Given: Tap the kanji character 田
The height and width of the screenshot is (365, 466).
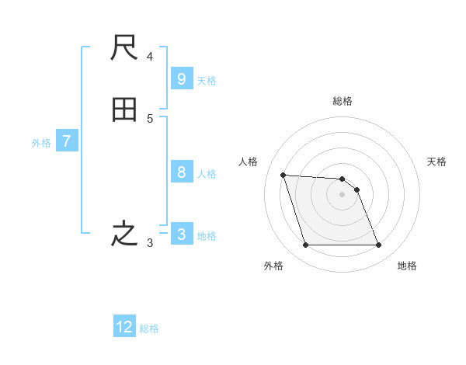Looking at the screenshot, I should click(x=124, y=110).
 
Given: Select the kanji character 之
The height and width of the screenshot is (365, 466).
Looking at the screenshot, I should click(x=124, y=234).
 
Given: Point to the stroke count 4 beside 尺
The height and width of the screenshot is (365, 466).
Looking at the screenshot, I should click(x=150, y=57).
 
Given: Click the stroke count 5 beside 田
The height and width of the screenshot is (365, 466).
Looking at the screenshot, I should click(x=150, y=119).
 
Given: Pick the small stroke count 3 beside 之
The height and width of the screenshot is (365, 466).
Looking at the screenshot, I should click(x=150, y=243).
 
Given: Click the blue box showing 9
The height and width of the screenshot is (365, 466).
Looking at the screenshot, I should click(x=181, y=79).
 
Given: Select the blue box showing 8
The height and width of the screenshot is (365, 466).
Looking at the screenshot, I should click(x=181, y=172).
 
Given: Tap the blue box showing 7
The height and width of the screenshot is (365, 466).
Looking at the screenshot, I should click(x=67, y=141).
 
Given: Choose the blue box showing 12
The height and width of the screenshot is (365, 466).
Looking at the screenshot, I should click(x=124, y=327).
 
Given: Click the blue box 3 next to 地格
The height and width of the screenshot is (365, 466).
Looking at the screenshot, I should click(x=181, y=234).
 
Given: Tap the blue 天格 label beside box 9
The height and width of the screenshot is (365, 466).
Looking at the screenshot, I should click(x=207, y=81).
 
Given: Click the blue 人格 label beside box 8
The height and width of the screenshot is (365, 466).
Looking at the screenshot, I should click(x=207, y=174).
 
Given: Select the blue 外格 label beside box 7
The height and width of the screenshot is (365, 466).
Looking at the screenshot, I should click(x=41, y=143).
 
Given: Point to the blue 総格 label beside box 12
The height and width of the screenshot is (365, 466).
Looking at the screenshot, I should click(x=149, y=328).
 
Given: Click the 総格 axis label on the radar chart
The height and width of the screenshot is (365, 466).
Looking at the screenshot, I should click(x=343, y=101).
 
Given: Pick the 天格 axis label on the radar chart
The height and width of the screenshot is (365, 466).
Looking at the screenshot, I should click(x=436, y=162).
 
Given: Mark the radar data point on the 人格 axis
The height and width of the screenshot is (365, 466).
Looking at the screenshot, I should click(x=283, y=175).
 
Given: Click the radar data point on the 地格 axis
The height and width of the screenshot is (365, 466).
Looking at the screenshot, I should click(x=378, y=245).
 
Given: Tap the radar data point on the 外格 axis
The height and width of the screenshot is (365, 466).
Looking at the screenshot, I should click(x=305, y=245).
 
